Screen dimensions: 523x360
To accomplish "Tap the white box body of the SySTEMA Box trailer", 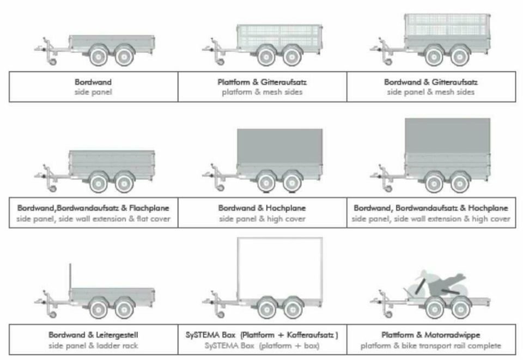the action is click(x=280, y=269).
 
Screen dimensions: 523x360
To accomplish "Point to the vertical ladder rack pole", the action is click(x=70, y=276).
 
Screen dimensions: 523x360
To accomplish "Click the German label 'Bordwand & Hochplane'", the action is click(x=262, y=208).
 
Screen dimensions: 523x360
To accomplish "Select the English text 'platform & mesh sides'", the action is click(x=262, y=92).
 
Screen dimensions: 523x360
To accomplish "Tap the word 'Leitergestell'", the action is click(x=117, y=334).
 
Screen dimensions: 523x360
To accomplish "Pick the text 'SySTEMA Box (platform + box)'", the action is click(x=262, y=346).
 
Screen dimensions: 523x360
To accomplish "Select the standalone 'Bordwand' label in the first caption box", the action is click(x=93, y=82).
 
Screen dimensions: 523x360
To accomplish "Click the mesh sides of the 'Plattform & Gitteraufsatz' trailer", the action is click(x=279, y=36).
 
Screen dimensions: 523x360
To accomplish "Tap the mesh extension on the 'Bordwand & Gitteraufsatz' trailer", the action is click(x=447, y=26).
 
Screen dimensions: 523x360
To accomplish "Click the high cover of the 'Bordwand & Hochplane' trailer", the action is click(x=280, y=147).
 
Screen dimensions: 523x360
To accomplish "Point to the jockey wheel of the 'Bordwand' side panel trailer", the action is click(x=53, y=62).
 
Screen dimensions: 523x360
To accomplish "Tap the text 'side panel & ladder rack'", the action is click(x=93, y=346).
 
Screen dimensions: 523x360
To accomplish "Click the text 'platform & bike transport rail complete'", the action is click(x=431, y=346).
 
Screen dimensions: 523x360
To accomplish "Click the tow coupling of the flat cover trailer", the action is click(x=39, y=176).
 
